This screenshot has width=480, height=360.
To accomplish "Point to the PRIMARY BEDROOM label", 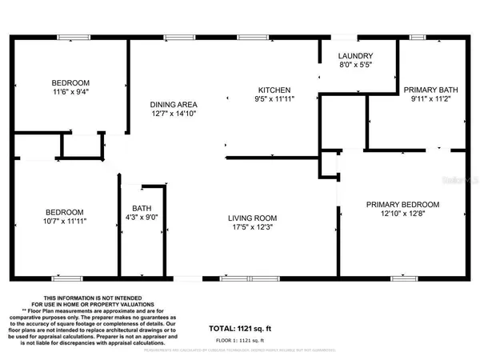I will (402, 205).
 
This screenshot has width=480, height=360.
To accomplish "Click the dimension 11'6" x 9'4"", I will (71, 93).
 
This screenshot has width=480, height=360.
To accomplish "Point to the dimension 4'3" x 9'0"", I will (142, 218).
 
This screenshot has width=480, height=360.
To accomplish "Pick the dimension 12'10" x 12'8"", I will (402, 214).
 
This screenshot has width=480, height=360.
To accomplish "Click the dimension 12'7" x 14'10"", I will (174, 114).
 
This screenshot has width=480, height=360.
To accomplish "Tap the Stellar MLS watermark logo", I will (459, 182).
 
